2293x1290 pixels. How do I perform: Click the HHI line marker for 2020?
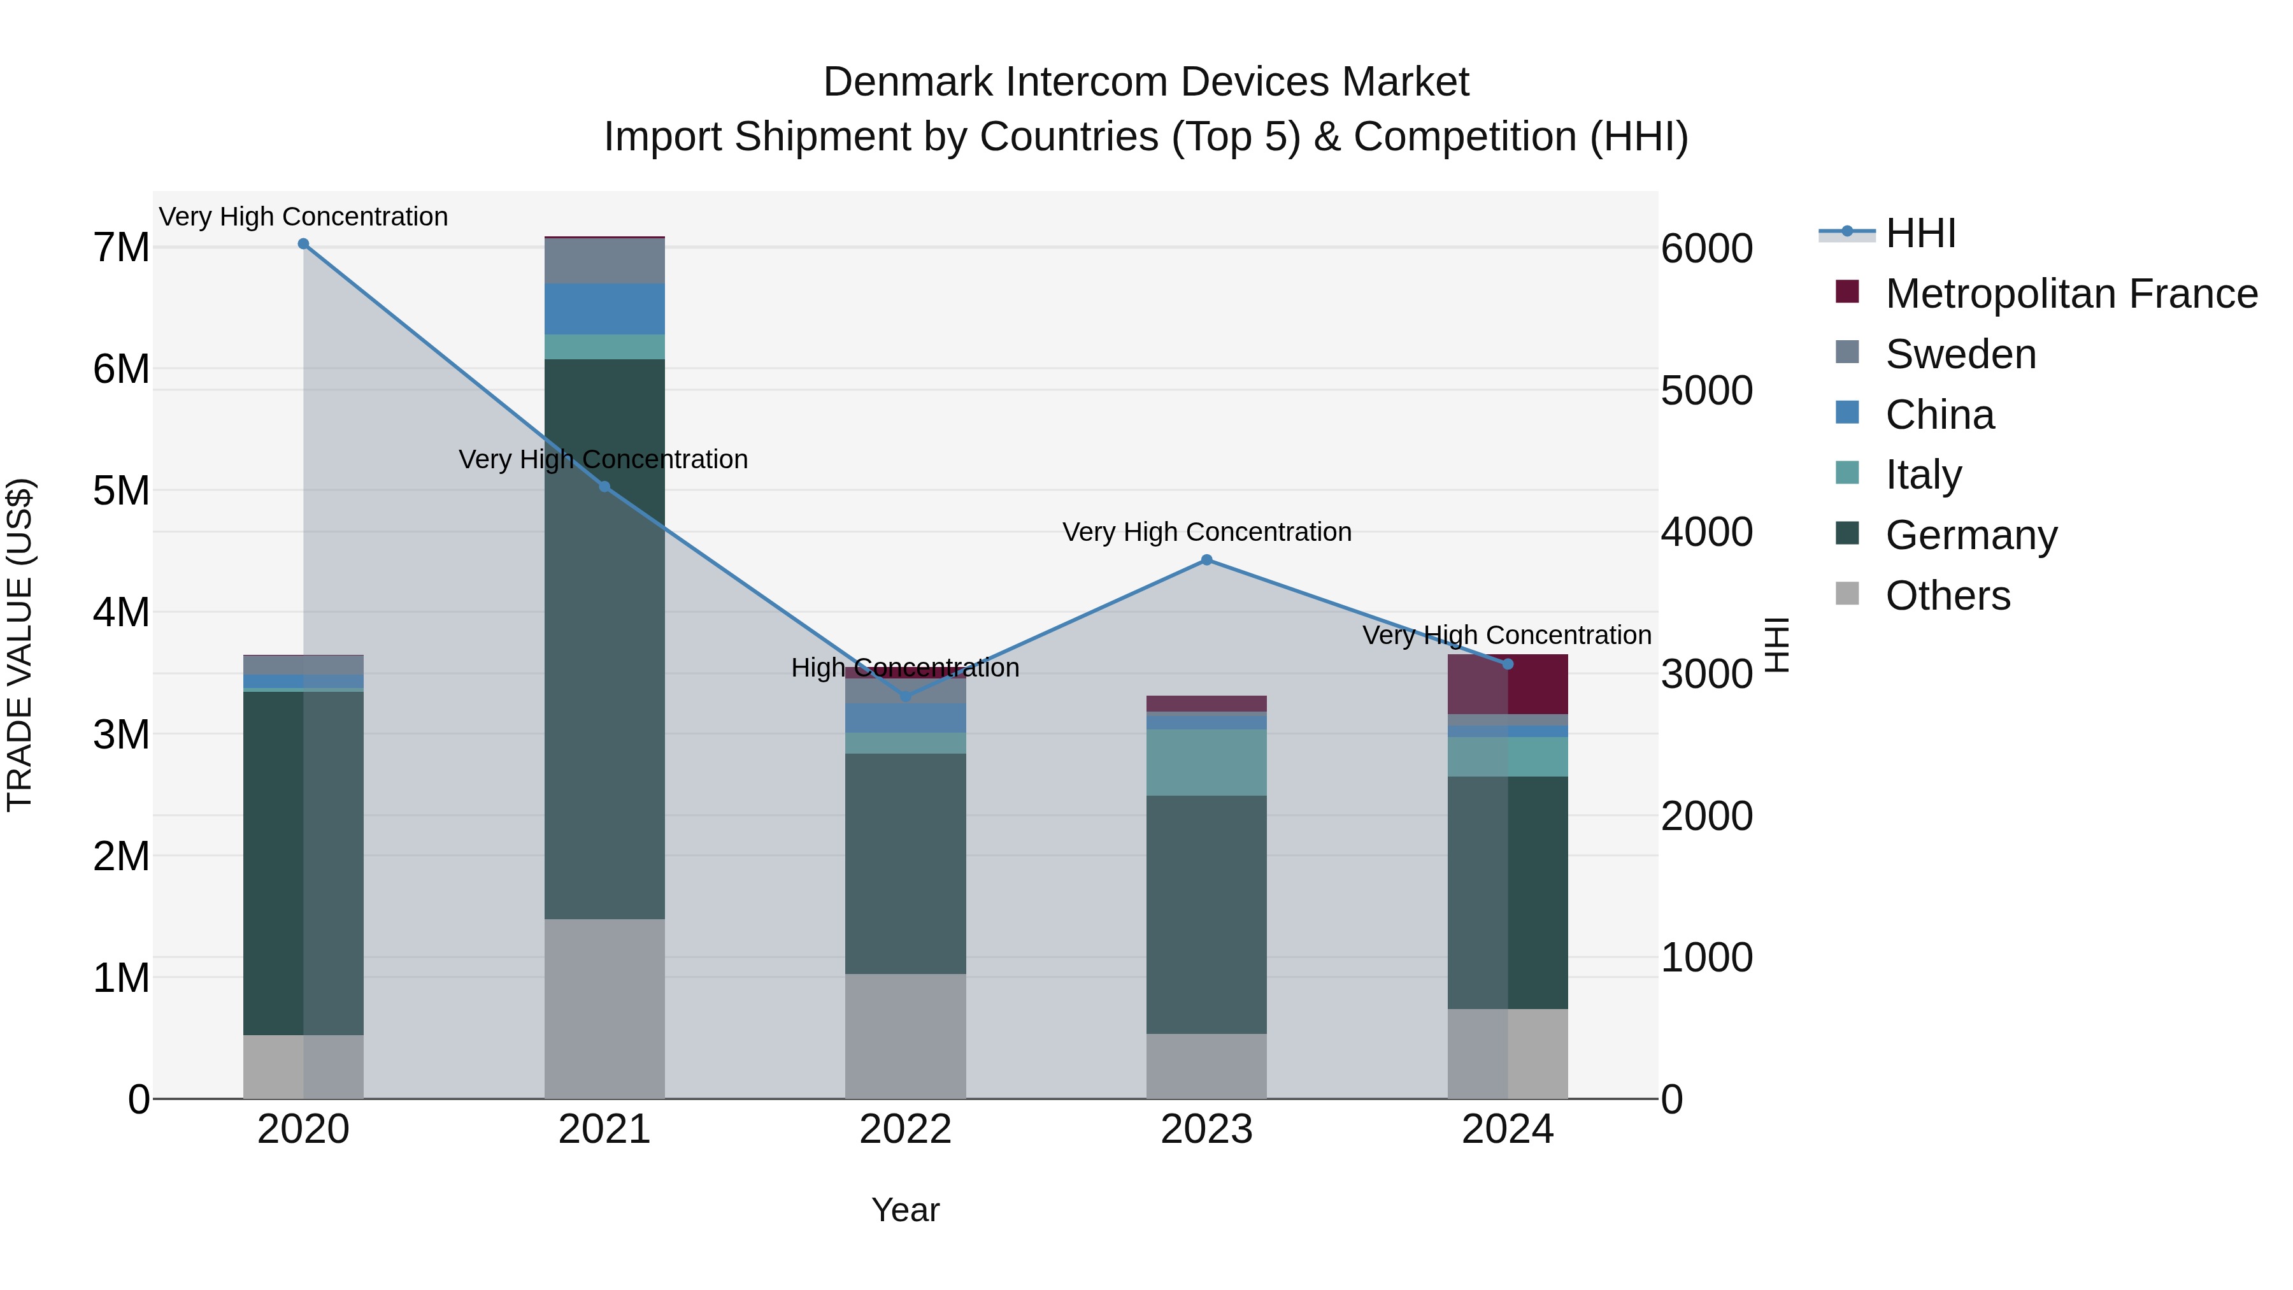(x=304, y=244)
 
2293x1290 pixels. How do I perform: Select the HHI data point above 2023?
(x=1207, y=560)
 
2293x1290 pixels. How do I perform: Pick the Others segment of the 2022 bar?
(x=905, y=1036)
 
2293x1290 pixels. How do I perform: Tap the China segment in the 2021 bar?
(x=604, y=309)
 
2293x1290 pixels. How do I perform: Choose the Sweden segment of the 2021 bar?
(x=604, y=261)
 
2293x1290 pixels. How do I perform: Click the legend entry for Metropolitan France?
(x=2071, y=294)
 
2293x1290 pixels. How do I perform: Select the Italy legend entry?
(x=1924, y=475)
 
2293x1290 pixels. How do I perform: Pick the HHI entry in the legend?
(x=1920, y=233)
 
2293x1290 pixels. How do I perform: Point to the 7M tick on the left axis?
(x=121, y=248)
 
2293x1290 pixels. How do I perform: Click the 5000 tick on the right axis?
(x=1706, y=391)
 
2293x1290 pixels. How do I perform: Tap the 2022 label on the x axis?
(x=905, y=1129)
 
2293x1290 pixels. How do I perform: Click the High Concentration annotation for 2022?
(x=904, y=668)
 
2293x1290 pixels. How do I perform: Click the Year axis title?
(x=905, y=1210)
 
